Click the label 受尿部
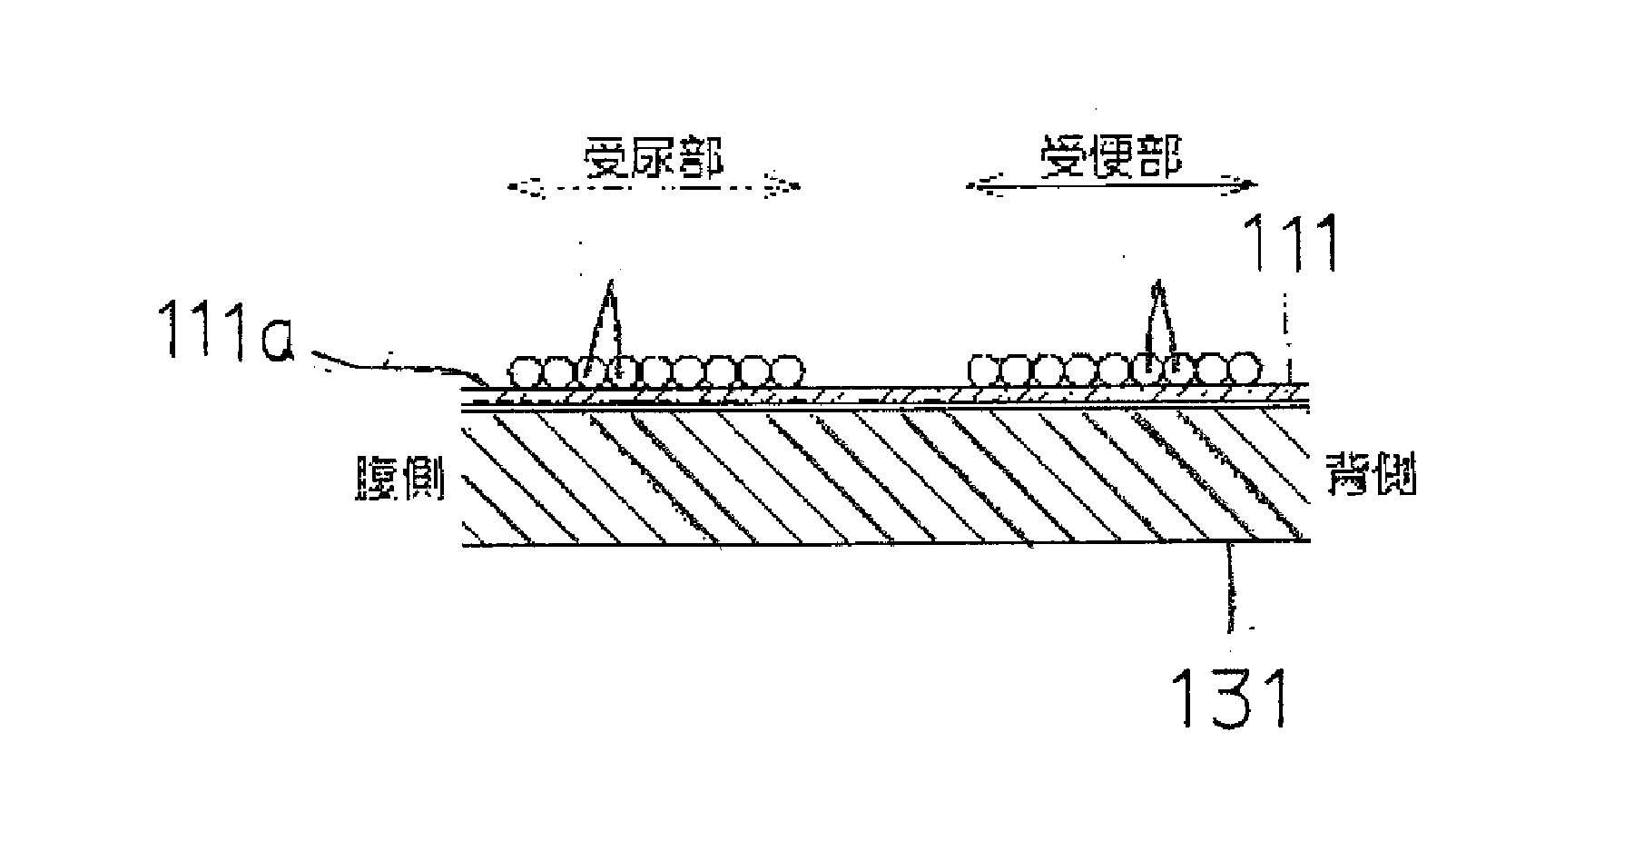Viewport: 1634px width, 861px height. pos(653,161)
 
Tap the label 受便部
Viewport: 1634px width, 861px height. pos(1111,161)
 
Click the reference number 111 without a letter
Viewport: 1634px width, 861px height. pos(1291,242)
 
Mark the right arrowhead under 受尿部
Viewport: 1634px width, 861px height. pos(792,188)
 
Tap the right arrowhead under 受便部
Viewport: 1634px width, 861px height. pos(1250,186)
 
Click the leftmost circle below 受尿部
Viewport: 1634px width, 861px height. pos(524,371)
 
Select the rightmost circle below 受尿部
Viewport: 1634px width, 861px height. pos(788,371)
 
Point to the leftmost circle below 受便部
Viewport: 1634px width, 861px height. pos(984,370)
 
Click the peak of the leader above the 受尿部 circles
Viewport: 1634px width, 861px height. pos(611,283)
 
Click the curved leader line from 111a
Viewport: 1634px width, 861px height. pos(390,366)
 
